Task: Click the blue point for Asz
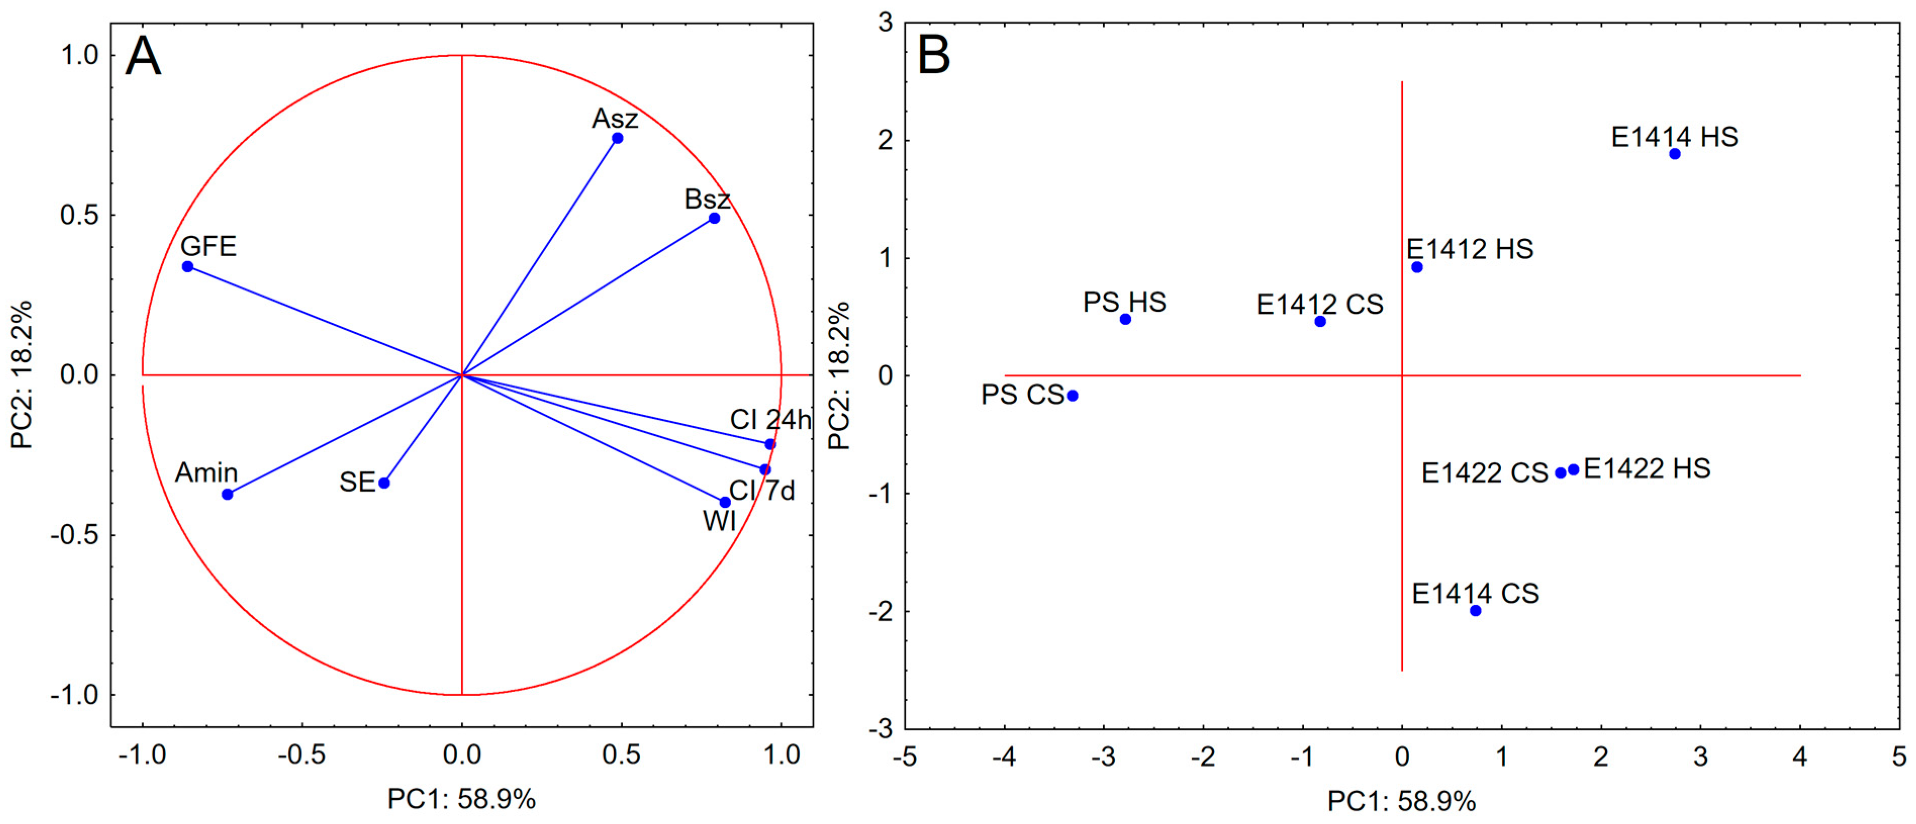617,138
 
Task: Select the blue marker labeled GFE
187,266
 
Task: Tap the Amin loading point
227,495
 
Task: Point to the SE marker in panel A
384,483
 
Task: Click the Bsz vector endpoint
714,218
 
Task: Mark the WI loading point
725,503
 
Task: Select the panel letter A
143,57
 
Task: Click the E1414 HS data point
1675,154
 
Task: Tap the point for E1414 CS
1476,611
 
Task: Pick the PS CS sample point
1073,396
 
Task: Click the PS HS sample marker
1125,319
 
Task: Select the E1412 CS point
1320,321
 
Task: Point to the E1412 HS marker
1417,267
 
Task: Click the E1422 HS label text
1647,468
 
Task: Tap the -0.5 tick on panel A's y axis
74,535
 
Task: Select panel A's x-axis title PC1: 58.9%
461,799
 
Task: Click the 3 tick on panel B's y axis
885,22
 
